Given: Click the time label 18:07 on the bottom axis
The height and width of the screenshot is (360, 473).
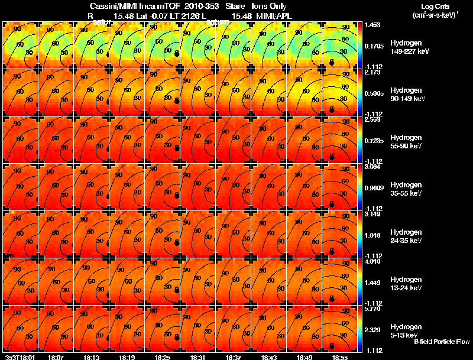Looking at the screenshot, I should pyautogui.click(x=56, y=357).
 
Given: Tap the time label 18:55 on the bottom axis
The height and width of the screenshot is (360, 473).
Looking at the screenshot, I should pyautogui.click(x=339, y=357).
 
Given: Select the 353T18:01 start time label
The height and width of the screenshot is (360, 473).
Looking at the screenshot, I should pyautogui.click(x=18, y=357).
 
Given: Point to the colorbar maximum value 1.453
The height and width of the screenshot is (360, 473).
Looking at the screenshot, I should pyautogui.click(x=372, y=25).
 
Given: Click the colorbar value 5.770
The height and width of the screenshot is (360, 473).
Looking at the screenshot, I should pyautogui.click(x=372, y=309).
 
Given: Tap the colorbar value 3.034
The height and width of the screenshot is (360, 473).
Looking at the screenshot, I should pyautogui.click(x=372, y=167).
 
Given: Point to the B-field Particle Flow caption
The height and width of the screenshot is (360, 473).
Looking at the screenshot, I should pyautogui.click(x=441, y=342).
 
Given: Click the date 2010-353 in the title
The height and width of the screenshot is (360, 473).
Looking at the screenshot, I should pyautogui.click(x=201, y=6).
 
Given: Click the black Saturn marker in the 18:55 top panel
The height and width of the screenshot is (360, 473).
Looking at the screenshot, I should pyautogui.click(x=332, y=61).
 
